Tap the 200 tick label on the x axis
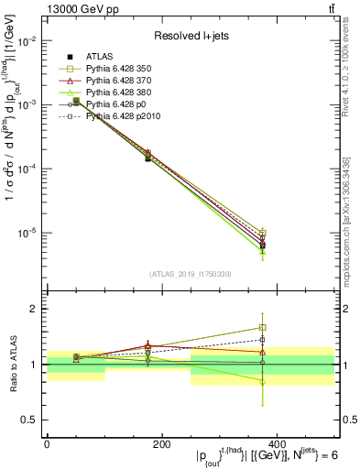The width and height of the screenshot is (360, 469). [x=160, y=442]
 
